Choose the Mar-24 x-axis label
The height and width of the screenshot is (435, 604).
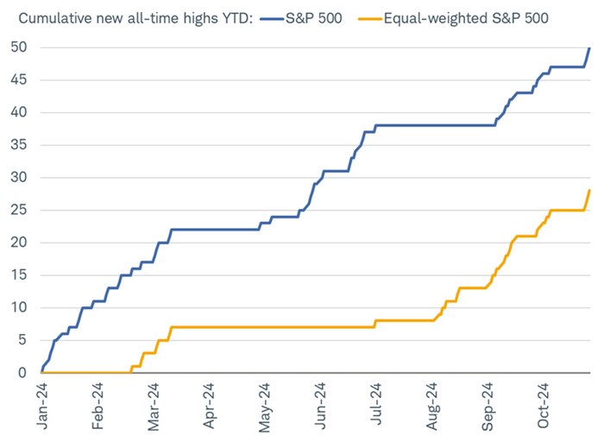coord(148,404)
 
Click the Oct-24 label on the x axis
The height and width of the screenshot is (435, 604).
coord(541,404)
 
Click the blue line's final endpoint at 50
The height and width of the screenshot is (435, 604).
coord(589,48)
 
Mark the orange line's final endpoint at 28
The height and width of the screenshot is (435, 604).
coord(589,191)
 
